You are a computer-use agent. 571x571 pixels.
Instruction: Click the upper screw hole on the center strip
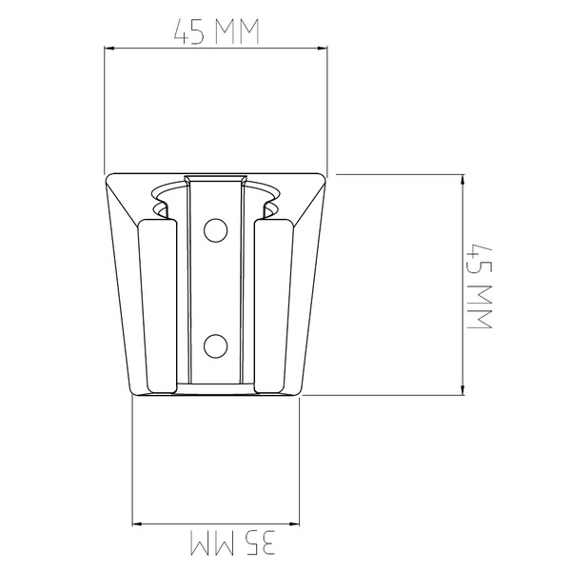(x=216, y=230)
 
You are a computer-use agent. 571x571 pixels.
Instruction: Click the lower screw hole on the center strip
(x=216, y=346)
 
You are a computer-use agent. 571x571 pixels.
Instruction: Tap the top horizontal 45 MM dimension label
(x=216, y=31)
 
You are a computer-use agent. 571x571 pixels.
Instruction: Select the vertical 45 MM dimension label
(x=480, y=287)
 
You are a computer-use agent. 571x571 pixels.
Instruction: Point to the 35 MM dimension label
(x=233, y=542)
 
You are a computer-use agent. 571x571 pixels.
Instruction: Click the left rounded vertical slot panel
(x=158, y=305)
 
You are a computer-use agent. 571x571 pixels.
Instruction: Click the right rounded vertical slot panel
(x=273, y=305)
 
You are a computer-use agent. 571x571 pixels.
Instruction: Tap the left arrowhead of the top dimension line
(x=109, y=49)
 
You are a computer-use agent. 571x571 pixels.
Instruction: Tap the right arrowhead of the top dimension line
(x=323, y=49)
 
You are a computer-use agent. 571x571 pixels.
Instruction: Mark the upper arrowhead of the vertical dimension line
(x=463, y=180)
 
